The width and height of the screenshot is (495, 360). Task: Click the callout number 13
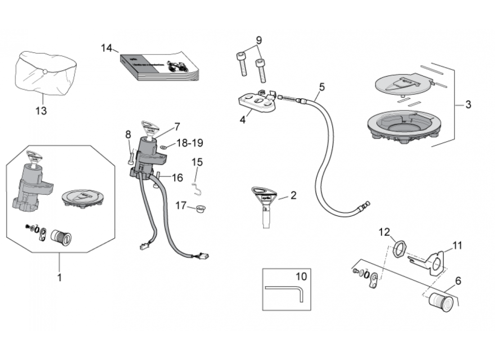(x=41, y=111)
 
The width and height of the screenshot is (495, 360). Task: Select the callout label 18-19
(x=189, y=143)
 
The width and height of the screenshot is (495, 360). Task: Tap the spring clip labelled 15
(x=196, y=182)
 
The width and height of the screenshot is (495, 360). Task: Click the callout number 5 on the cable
(x=321, y=86)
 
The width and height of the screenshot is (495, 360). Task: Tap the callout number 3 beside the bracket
(x=468, y=105)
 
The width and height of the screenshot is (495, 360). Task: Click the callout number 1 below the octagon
(x=59, y=277)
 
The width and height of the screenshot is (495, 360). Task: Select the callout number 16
(x=177, y=178)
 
